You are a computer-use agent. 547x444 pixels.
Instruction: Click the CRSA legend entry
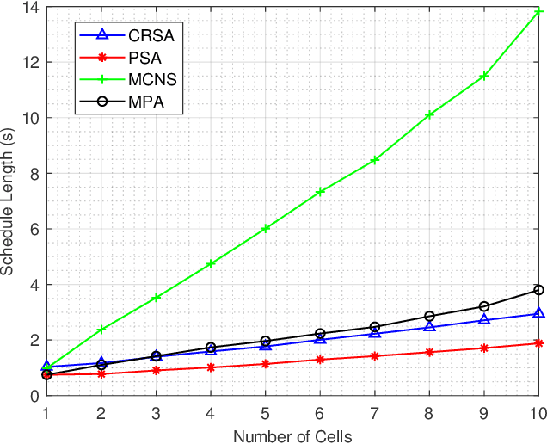click(130, 35)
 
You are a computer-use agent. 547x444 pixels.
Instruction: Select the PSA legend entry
click(130, 59)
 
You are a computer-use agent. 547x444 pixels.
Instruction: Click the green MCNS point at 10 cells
click(538, 11)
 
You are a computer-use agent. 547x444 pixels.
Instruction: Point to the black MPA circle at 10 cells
click(538, 290)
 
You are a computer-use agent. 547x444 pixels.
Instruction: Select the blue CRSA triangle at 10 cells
click(538, 314)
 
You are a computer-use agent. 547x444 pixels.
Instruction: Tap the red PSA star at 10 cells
click(538, 343)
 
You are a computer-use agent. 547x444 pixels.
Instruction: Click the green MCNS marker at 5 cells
click(265, 229)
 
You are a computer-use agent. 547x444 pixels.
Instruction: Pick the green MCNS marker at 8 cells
click(429, 114)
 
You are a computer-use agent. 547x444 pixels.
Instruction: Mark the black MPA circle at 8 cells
click(429, 317)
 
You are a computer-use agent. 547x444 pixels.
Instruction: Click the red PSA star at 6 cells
click(320, 360)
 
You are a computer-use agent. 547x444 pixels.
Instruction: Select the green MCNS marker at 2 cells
click(101, 330)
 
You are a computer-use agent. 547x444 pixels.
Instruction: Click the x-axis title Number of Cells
click(292, 436)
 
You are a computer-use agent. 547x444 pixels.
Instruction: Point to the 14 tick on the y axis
click(29, 8)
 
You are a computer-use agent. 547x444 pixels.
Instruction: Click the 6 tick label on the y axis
click(33, 230)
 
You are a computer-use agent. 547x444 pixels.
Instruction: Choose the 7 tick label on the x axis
click(375, 412)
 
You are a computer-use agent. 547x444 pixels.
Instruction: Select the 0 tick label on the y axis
click(33, 397)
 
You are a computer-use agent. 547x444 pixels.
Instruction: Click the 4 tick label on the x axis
click(211, 412)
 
